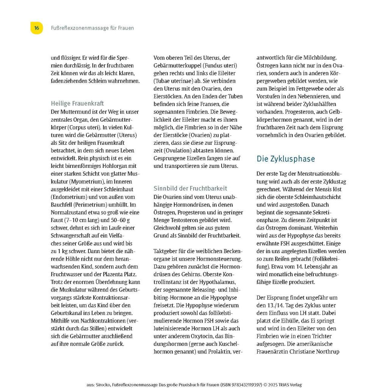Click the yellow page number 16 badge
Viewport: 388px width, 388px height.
pos(36,28)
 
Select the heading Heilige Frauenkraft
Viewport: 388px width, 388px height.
pos(77,103)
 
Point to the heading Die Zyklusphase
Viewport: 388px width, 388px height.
pos(286,159)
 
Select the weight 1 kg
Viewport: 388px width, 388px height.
pos(63,251)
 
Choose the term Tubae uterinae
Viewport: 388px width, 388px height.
pos(171,81)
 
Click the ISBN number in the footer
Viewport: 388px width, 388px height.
pos(241,385)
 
